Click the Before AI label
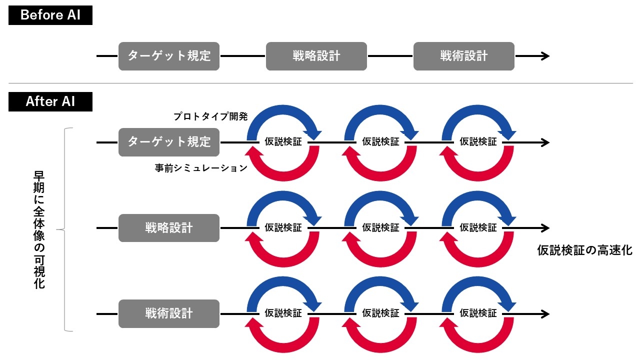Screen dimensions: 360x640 pos(50,15)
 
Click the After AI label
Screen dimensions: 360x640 pos(50,101)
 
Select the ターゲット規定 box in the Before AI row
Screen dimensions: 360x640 pos(169,56)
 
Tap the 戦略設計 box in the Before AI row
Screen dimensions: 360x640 pos(316,56)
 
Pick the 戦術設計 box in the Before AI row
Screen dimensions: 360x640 pos(464,56)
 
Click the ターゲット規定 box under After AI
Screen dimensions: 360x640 pos(169,142)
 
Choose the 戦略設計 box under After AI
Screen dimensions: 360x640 pos(169,228)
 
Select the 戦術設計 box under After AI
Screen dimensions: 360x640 pos(169,314)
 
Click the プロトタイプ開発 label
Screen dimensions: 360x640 pos(210,116)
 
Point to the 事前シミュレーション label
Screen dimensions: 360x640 pos(201,168)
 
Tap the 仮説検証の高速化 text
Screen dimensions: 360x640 pos(584,250)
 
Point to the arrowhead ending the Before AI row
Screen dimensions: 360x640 pos(545,56)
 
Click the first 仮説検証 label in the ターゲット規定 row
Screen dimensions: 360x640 pos(283,142)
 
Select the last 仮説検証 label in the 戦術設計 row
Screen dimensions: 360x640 pos(478,314)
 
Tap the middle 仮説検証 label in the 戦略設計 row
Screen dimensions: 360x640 pos(381,228)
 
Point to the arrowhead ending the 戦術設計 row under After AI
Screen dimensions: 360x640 pos(545,314)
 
